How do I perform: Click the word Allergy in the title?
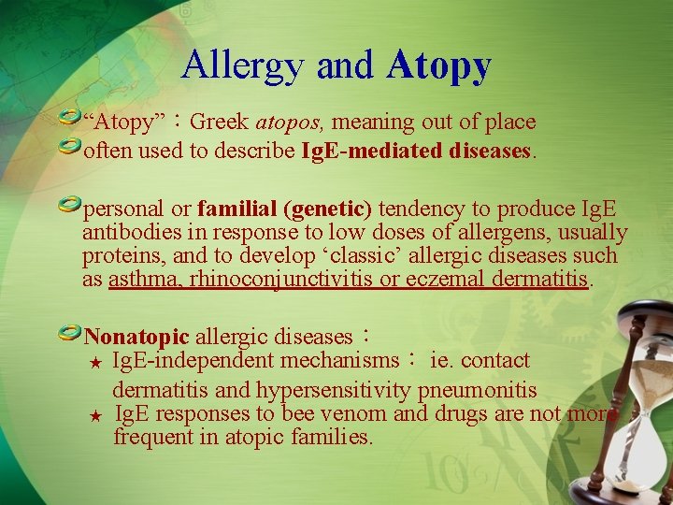click(244, 65)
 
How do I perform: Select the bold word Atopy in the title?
click(437, 65)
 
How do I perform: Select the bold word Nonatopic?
click(136, 337)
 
